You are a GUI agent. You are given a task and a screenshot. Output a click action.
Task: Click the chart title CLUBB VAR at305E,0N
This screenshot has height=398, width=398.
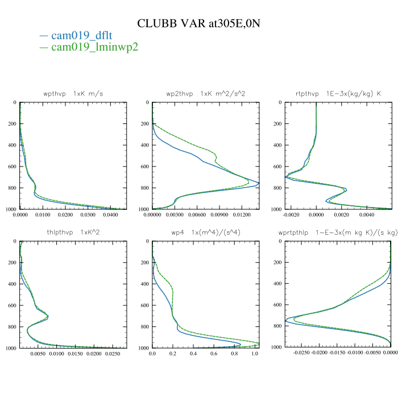(198, 23)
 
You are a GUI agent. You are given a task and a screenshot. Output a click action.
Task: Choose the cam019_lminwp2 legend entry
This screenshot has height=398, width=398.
(94, 47)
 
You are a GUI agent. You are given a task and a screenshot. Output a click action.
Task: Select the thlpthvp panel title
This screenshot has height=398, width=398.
(73, 232)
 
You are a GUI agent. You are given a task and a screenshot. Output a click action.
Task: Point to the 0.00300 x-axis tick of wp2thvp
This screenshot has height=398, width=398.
(175, 215)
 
